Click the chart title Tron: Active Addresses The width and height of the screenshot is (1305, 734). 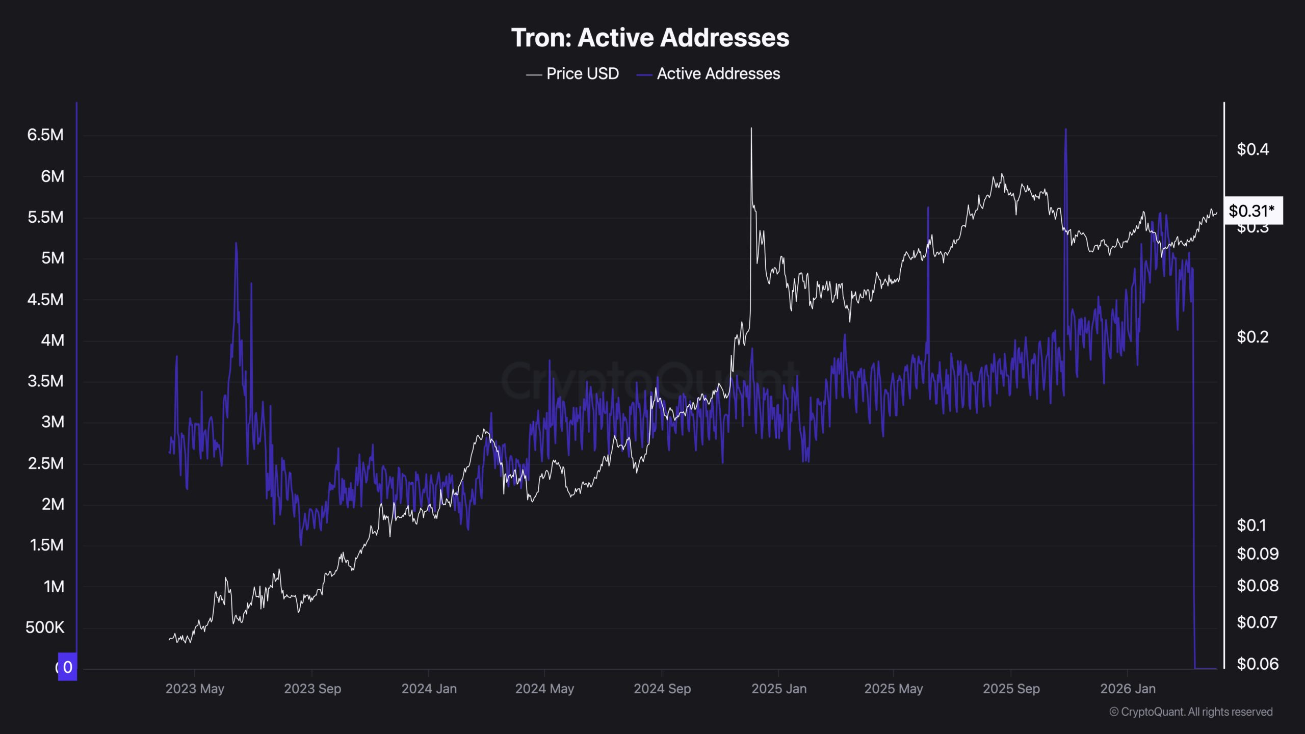point(650,38)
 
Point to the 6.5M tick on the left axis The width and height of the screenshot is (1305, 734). point(45,135)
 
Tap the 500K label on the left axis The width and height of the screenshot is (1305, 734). point(45,627)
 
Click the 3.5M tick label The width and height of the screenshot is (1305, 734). point(45,381)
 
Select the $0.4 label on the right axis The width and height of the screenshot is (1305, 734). point(1252,149)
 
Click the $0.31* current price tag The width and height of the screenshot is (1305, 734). point(1252,211)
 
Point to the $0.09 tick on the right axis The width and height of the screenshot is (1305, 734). point(1257,554)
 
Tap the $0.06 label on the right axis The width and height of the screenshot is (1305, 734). point(1257,664)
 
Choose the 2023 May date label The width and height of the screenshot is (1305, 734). point(195,689)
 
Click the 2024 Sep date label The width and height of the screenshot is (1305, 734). point(662,689)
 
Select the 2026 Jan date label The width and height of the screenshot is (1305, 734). point(1128,689)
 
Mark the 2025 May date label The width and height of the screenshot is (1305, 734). point(894,689)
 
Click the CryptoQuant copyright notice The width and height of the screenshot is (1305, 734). point(1191,712)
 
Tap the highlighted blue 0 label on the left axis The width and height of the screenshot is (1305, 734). point(67,667)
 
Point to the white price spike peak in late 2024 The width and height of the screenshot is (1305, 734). point(751,129)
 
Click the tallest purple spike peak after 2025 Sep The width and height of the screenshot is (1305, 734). point(1065,130)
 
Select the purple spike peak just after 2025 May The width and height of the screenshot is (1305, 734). point(928,208)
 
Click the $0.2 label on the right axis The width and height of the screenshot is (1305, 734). point(1252,337)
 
